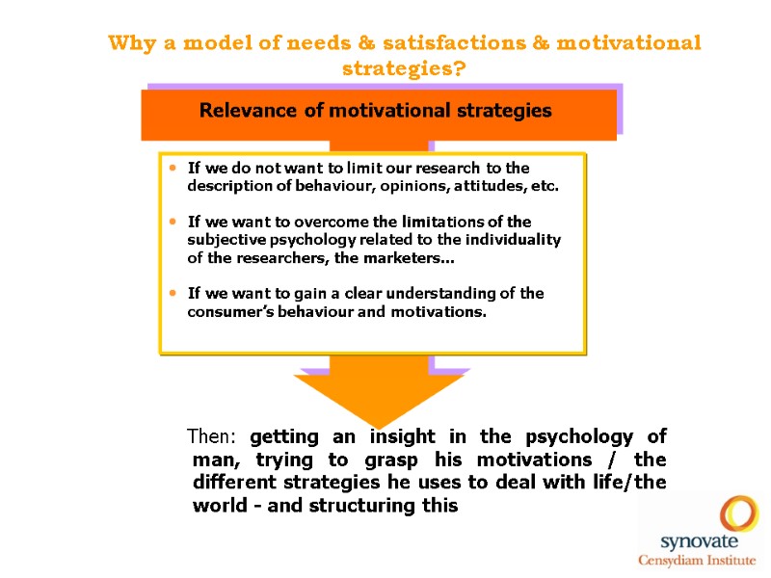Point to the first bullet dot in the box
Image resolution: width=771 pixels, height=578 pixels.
(173, 169)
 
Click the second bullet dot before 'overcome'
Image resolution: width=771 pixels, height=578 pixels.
(173, 222)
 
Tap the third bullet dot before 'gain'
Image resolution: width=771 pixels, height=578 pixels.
(173, 293)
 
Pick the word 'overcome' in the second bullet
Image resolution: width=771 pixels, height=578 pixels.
(361, 222)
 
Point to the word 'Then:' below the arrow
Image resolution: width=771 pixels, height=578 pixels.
(214, 436)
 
